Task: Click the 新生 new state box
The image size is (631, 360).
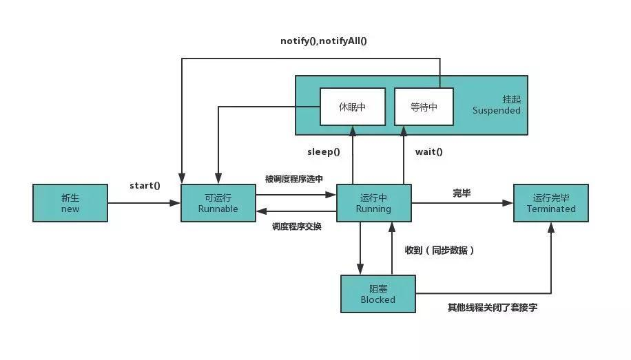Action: click(70, 202)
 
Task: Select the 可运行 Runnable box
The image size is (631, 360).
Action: click(218, 202)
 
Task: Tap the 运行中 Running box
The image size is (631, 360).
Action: click(373, 202)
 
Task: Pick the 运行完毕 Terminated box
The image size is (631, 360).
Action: click(550, 202)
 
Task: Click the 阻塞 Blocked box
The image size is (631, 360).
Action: click(378, 294)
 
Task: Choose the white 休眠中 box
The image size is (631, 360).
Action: click(352, 107)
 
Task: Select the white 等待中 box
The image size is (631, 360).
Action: click(424, 107)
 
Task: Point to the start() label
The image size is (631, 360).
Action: click(145, 186)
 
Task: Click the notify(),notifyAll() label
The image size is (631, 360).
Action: click(324, 41)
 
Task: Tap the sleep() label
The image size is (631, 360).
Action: click(324, 151)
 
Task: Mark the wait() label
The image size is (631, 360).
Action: click(428, 151)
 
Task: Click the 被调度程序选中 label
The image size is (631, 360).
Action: click(293, 179)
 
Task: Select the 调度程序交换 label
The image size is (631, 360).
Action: click(296, 226)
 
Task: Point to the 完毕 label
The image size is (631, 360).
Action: click(462, 193)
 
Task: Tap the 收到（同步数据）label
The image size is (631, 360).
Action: click(439, 251)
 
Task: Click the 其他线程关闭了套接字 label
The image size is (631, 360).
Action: click(493, 308)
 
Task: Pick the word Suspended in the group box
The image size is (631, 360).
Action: click(496, 111)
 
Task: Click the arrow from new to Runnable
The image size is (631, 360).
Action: click(143, 203)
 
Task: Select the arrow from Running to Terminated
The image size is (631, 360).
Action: click(462, 203)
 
